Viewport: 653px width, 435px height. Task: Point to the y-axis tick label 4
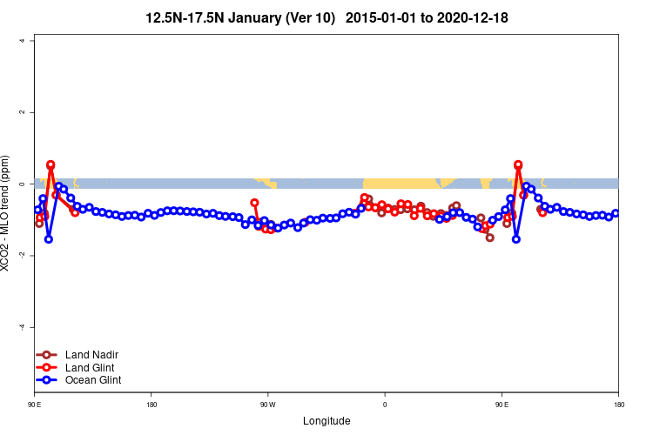[32, 41]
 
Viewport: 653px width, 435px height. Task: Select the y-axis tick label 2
[32, 112]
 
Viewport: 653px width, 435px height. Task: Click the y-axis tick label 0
[32, 184]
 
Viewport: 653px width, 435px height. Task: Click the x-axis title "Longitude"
[326, 421]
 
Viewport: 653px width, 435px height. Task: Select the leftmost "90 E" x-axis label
[35, 405]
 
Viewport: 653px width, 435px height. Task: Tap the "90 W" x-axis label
[267, 405]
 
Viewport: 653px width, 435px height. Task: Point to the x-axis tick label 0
[385, 405]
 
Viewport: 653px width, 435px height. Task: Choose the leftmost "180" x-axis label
[151, 405]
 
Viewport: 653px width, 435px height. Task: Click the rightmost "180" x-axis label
[618, 405]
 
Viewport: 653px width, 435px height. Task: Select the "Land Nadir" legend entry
[91, 355]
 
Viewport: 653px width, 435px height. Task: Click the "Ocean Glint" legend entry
[93, 380]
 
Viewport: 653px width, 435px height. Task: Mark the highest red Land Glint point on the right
[518, 164]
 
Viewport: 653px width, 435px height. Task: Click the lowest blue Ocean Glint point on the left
[49, 238]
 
